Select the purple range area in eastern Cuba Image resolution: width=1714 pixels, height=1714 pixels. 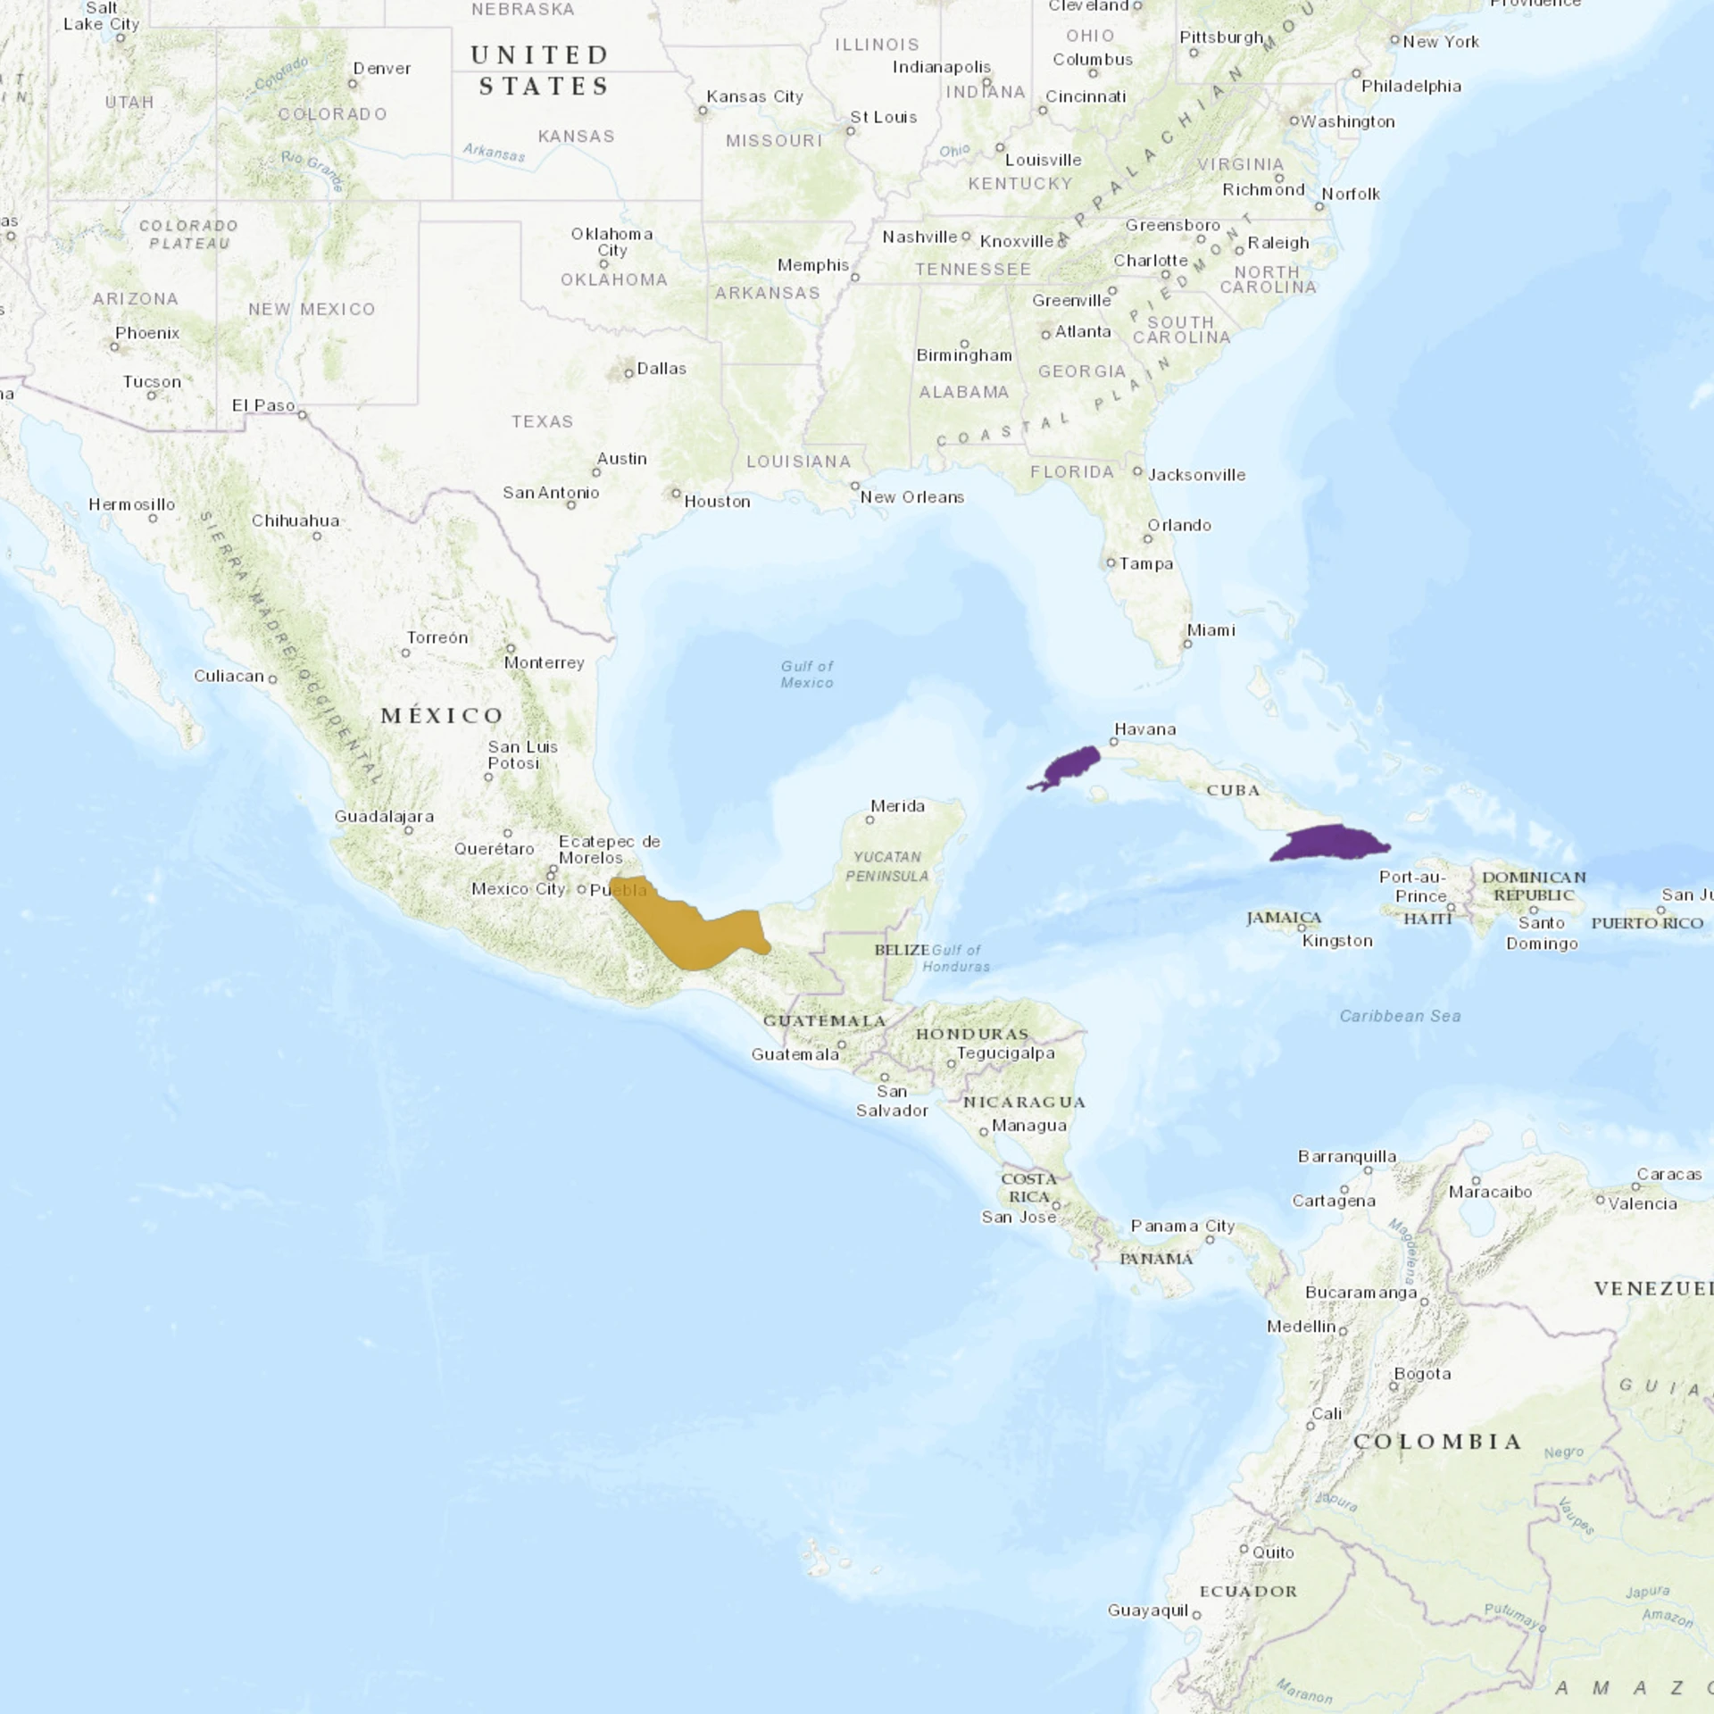tap(1330, 844)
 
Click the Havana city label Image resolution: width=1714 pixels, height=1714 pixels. tap(1145, 729)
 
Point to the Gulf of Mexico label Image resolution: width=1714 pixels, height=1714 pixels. tap(807, 674)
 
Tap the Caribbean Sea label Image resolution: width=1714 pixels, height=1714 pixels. tap(1400, 1016)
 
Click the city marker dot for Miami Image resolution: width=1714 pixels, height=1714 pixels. tap(1187, 644)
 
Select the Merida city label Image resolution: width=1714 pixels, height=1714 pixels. tap(897, 806)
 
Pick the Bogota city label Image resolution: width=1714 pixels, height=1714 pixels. tap(1422, 1374)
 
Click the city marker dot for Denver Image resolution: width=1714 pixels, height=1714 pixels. tap(353, 84)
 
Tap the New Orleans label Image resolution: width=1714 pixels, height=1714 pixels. tap(911, 497)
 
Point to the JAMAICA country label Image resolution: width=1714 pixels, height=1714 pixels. tap(1284, 918)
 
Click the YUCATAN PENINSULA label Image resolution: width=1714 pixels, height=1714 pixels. tap(887, 866)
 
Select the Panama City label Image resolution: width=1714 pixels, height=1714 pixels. tap(1183, 1226)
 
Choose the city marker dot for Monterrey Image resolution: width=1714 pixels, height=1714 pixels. tap(511, 648)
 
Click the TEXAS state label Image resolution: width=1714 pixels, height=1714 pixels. tap(542, 421)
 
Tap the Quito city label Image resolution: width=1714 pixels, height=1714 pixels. tap(1273, 1552)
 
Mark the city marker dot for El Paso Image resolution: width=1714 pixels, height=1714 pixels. tap(303, 415)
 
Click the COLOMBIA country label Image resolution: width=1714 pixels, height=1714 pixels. tap(1437, 1442)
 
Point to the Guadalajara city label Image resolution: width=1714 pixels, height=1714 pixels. tap(384, 816)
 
